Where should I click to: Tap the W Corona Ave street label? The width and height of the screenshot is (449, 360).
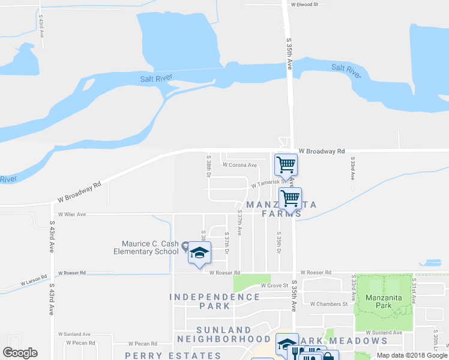pos(240,165)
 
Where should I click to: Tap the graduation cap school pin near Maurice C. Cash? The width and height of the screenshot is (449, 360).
pos(199,254)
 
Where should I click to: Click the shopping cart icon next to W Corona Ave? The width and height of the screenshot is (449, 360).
pos(286,164)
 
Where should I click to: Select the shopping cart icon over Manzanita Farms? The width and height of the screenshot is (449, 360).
pos(290,197)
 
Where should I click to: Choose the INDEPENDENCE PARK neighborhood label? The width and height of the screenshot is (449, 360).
pos(214,301)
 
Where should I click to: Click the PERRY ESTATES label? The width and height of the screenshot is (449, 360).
pos(173,355)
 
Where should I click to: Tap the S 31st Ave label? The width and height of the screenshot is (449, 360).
pos(414,287)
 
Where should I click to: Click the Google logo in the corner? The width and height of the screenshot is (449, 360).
pos(20,353)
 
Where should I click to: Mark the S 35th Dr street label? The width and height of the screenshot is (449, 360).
pos(279,242)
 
